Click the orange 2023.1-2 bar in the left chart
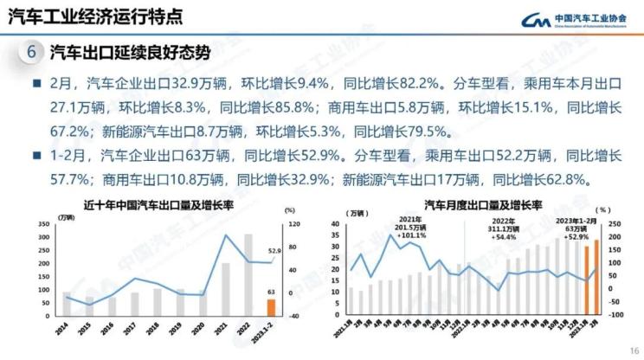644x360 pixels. pos(272,308)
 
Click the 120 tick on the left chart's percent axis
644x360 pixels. pos(293,224)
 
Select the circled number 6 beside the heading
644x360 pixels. pos(30,51)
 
